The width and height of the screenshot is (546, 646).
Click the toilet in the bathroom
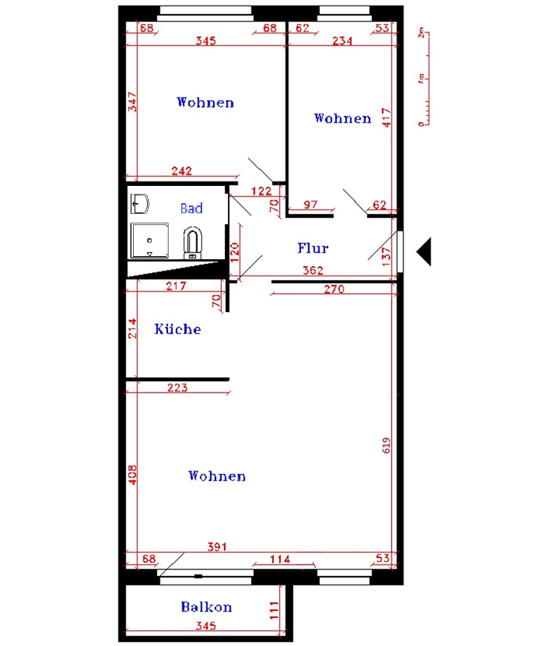pos(192,243)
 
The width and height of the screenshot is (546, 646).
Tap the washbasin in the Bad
pos(139,203)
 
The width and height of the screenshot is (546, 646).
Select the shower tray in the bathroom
pos(149,240)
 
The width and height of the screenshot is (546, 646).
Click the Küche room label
pos(177,328)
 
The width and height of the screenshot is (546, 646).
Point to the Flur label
pos(313,248)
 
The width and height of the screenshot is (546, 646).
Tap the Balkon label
pos(206,607)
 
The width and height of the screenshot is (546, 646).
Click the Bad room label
pos(191,208)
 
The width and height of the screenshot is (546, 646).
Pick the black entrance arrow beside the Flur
pos(424,251)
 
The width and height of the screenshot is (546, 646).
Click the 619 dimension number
pos(387,445)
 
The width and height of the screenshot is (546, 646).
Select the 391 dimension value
pos(217,546)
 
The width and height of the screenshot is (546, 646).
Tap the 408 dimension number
pos(132,475)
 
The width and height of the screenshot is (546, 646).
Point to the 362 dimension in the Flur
pos(313,270)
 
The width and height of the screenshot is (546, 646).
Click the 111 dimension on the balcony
pos(274,610)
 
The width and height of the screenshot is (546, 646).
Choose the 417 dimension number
pos(387,118)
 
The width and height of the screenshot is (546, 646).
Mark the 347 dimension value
pos(132,102)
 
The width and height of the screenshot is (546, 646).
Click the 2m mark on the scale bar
pos(421,33)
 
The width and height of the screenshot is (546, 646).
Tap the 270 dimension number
pos(334,290)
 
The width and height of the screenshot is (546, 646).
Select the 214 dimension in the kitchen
pos(132,328)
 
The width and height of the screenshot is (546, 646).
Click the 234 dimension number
pos(342,40)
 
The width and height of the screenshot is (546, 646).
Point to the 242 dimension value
pos(181,170)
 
